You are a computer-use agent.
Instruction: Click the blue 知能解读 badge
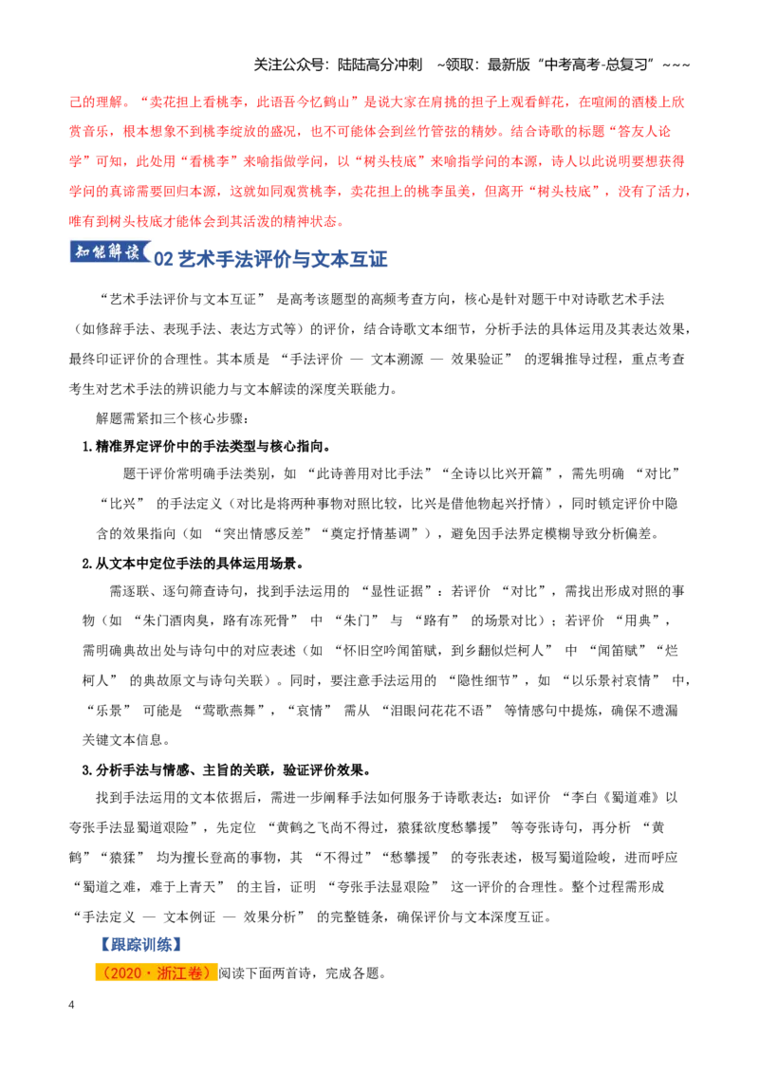pyautogui.click(x=110, y=252)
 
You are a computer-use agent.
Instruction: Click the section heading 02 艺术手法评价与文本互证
pyautogui.click(x=270, y=259)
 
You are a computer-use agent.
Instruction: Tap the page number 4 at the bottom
pyautogui.click(x=71, y=1005)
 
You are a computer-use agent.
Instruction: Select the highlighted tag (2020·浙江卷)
pyautogui.click(x=157, y=973)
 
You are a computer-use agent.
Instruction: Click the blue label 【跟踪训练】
pyautogui.click(x=140, y=945)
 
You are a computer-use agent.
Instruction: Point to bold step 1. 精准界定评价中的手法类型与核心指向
pyautogui.click(x=206, y=447)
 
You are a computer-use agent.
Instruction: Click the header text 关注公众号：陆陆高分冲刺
pyautogui.click(x=338, y=65)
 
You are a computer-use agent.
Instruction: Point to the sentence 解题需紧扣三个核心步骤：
pyautogui.click(x=172, y=417)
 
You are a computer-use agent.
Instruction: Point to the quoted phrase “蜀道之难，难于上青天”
pyautogui.click(x=149, y=887)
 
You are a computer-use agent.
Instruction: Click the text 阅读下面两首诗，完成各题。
pyautogui.click(x=302, y=973)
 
